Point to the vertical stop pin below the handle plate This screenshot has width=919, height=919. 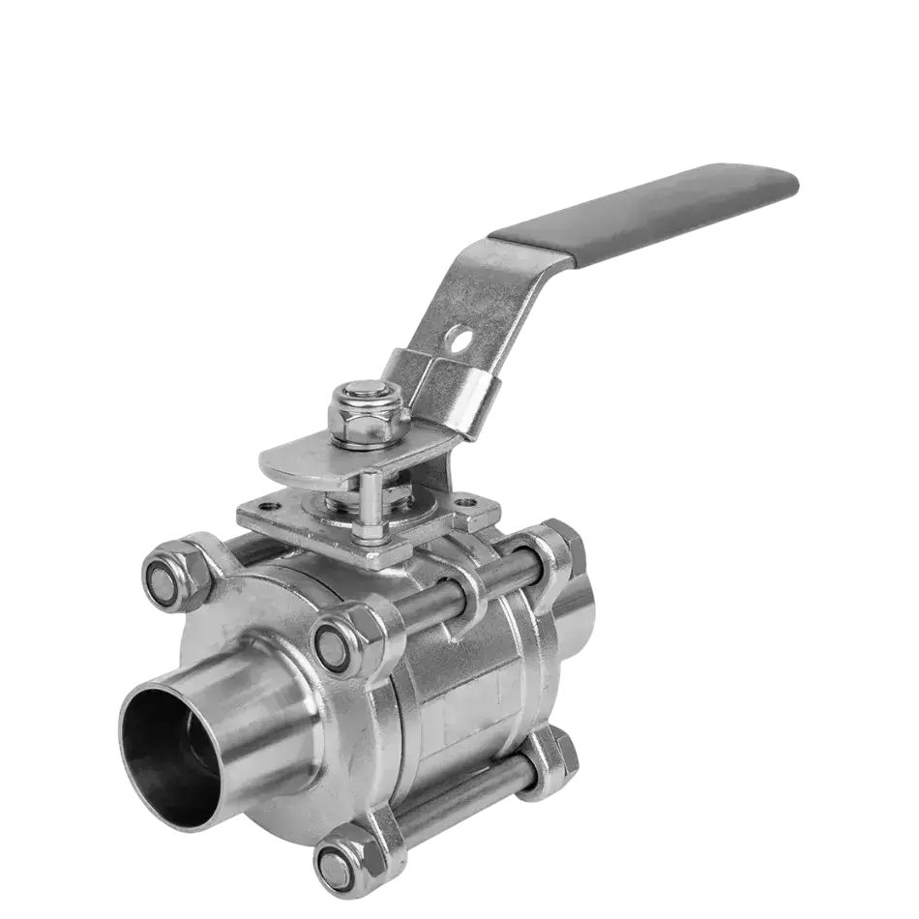(x=370, y=504)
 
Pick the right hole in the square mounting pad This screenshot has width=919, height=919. (x=467, y=504)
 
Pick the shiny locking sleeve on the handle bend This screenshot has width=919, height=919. (x=440, y=387)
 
